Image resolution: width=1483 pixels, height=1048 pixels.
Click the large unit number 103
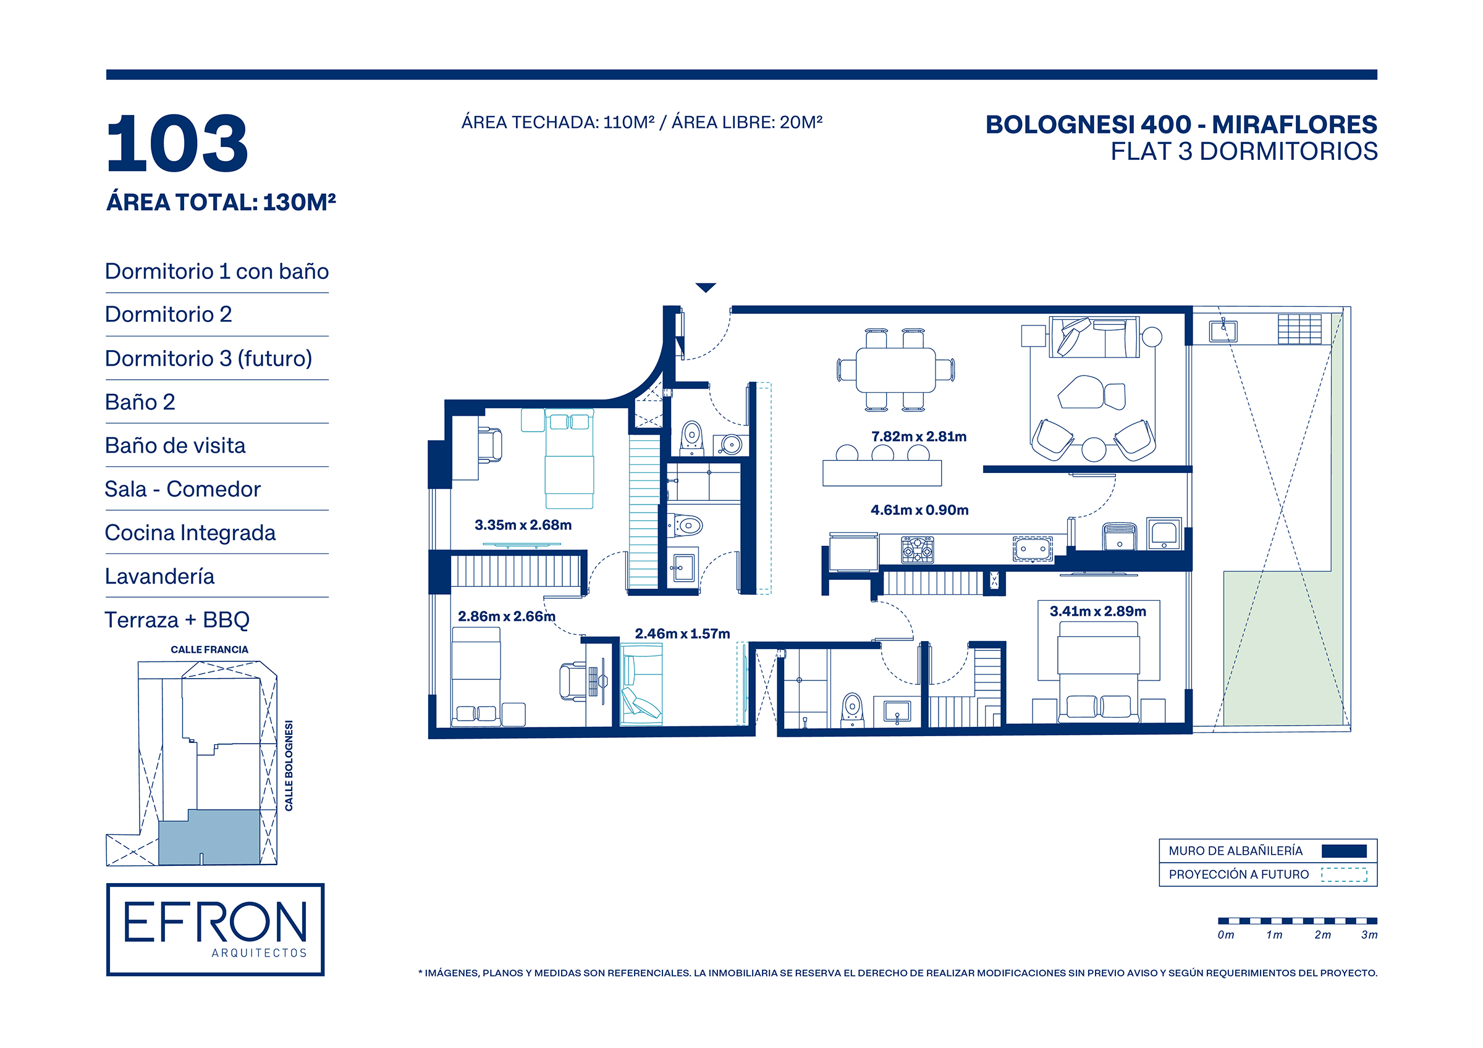tap(177, 143)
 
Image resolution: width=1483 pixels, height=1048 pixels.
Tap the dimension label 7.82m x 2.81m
tap(918, 437)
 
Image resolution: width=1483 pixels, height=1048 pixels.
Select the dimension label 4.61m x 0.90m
tap(919, 510)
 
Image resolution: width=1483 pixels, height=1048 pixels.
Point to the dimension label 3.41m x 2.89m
tap(1097, 611)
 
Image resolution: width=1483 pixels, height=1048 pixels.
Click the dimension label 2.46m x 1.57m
tap(682, 634)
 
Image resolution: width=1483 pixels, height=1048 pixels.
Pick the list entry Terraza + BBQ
tap(177, 620)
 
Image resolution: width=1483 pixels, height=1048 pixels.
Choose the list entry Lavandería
tap(159, 576)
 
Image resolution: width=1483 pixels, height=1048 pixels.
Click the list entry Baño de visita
tap(175, 445)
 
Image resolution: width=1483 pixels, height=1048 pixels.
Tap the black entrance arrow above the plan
tap(705, 287)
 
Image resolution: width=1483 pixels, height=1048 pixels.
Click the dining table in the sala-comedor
tap(895, 370)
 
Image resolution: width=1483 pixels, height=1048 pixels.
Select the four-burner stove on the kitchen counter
tap(917, 550)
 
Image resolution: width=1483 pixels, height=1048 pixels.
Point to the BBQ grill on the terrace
tap(1299, 329)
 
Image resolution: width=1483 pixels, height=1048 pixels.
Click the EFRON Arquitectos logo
tap(215, 929)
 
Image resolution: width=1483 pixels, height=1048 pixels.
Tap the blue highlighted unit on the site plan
tap(209, 837)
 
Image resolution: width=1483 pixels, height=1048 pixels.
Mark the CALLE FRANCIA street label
tap(209, 650)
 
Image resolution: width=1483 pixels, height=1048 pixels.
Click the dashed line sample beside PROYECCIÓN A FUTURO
tap(1343, 874)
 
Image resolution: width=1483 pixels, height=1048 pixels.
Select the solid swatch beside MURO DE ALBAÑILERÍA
tap(1343, 851)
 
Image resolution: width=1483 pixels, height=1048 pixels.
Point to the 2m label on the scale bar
tap(1322, 935)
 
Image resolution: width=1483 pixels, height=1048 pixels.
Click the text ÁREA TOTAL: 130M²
tap(221, 202)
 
